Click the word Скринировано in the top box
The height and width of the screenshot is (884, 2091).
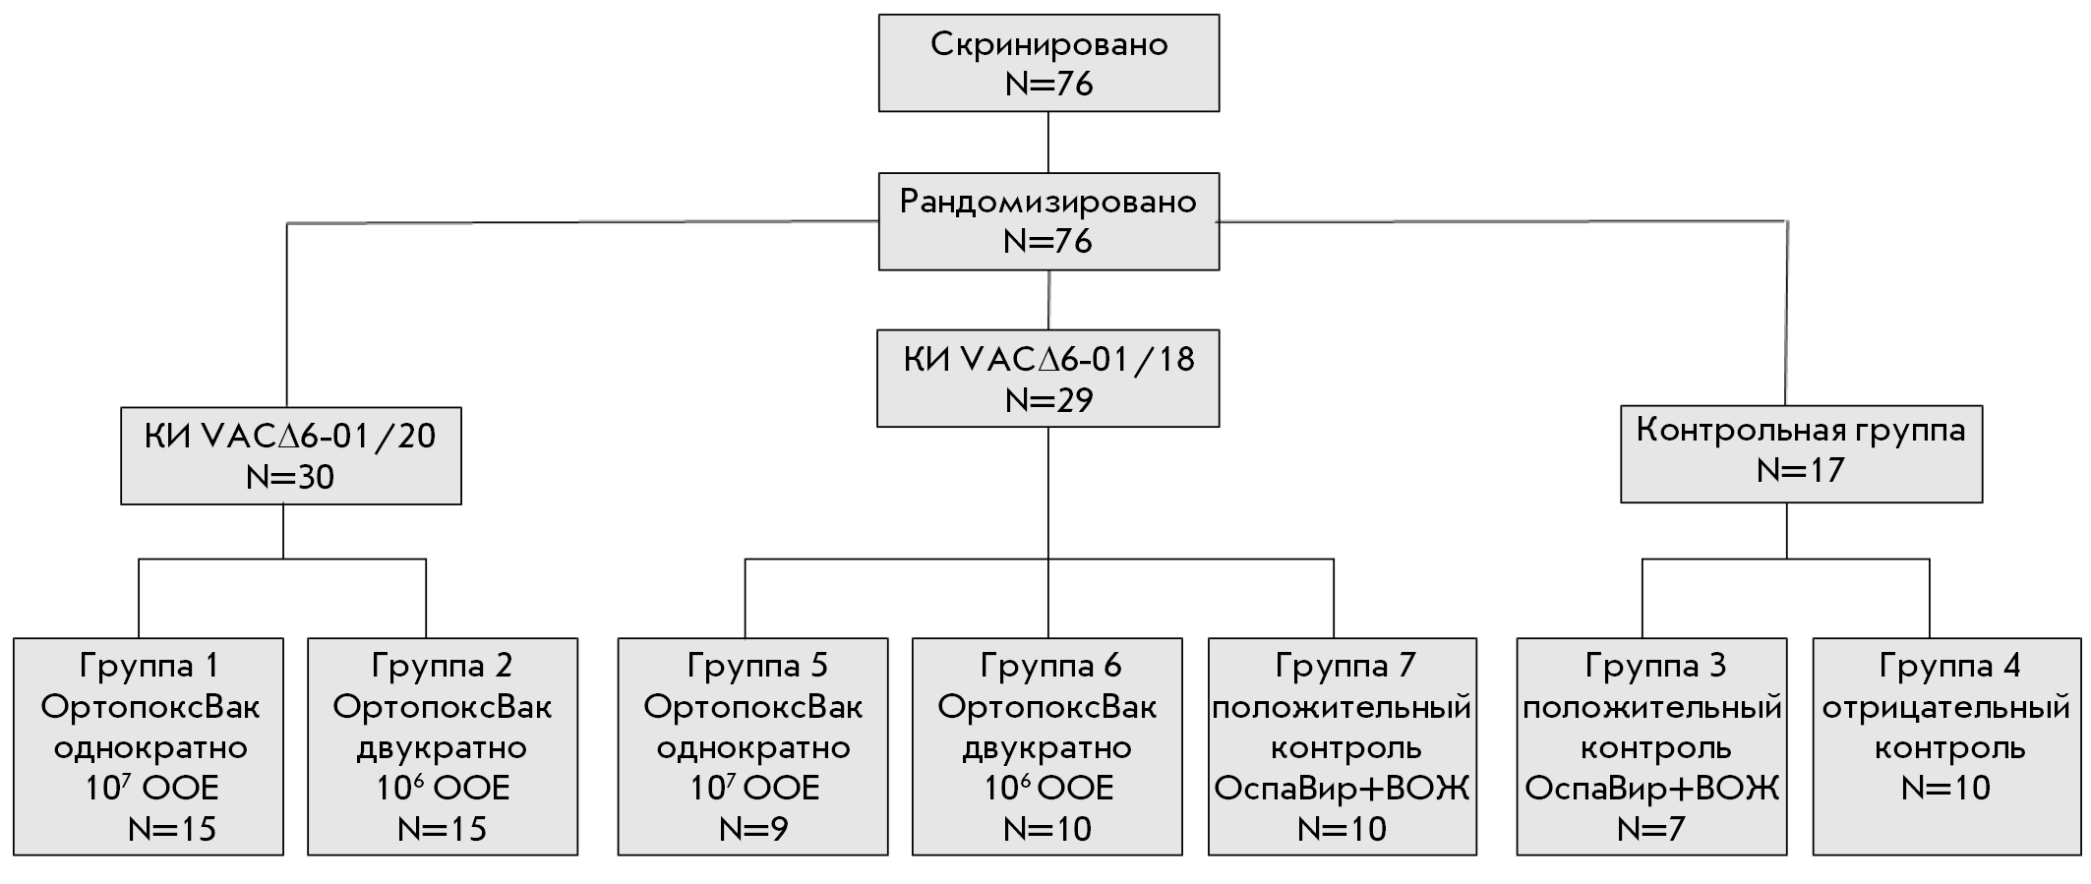[x=1048, y=44]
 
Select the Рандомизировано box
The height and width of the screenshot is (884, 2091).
[x=1048, y=221]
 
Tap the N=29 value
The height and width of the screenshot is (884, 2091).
[x=1048, y=400]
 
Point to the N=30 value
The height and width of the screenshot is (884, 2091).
[x=290, y=477]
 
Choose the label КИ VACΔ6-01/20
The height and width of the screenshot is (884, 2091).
[x=290, y=436]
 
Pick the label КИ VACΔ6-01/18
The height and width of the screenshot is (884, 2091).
[x=1048, y=359]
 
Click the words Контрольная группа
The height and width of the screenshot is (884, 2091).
[x=1801, y=430]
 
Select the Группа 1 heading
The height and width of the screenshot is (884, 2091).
[x=149, y=666]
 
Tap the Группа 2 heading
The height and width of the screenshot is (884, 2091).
[x=443, y=666]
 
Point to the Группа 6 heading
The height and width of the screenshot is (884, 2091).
[x=1050, y=666]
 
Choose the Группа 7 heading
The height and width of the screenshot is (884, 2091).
[x=1344, y=666]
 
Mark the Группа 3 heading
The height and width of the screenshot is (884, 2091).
[x=1655, y=666]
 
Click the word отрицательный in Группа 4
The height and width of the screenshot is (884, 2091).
[x=1946, y=707]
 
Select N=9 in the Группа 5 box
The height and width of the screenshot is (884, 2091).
[x=753, y=829]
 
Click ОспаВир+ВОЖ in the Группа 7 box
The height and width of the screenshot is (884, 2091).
[x=1343, y=788]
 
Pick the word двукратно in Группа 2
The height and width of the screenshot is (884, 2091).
[x=442, y=747]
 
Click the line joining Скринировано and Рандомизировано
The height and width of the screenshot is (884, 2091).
[x=1048, y=143]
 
